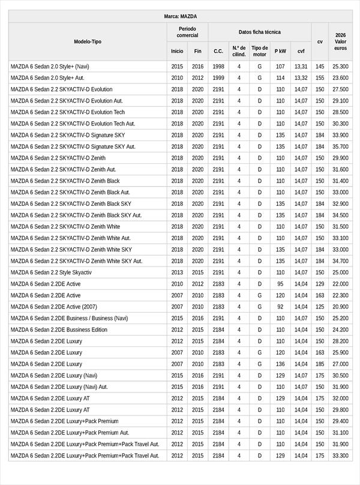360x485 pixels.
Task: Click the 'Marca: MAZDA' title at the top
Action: click(x=180, y=16)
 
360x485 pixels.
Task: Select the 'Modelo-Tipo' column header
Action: click(x=88, y=41)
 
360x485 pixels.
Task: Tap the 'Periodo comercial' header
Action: click(x=187, y=32)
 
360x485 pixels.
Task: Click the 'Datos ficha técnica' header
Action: click(x=259, y=32)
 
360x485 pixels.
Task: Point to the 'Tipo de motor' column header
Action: click(x=260, y=51)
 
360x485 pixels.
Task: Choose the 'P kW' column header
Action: click(x=280, y=51)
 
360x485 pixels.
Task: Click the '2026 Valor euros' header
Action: click(x=340, y=41)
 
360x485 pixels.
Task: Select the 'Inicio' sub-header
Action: click(x=177, y=51)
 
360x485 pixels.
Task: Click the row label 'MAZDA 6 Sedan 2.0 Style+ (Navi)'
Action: click(x=50, y=67)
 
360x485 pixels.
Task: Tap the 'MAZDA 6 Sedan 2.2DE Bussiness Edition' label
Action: click(x=59, y=330)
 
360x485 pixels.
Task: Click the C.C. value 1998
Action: click(x=218, y=67)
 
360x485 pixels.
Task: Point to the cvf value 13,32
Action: click(x=301, y=78)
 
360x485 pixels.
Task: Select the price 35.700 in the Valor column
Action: click(x=340, y=146)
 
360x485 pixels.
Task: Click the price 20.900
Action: click(x=340, y=307)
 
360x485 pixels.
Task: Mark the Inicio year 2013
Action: click(x=177, y=273)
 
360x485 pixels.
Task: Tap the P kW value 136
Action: click(x=280, y=364)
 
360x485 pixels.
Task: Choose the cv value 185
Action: click(x=320, y=364)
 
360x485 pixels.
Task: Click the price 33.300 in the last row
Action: click(x=340, y=456)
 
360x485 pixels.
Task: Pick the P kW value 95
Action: click(x=280, y=284)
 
